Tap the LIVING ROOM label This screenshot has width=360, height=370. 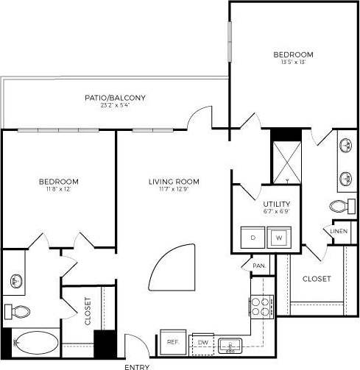(174, 182)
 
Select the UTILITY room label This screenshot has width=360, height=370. (277, 204)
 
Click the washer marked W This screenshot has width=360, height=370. (278, 238)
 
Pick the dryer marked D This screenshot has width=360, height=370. (253, 238)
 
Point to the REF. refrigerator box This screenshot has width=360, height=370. (173, 342)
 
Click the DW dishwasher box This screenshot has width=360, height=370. (203, 343)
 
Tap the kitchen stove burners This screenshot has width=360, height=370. (261, 305)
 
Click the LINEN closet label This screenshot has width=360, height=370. (339, 231)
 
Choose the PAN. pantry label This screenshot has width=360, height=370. (258, 266)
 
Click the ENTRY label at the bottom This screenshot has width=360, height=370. (138, 366)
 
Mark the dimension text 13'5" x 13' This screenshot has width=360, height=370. (293, 63)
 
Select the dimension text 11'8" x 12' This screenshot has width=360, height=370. (59, 190)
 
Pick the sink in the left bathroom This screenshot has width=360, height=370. (15, 280)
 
